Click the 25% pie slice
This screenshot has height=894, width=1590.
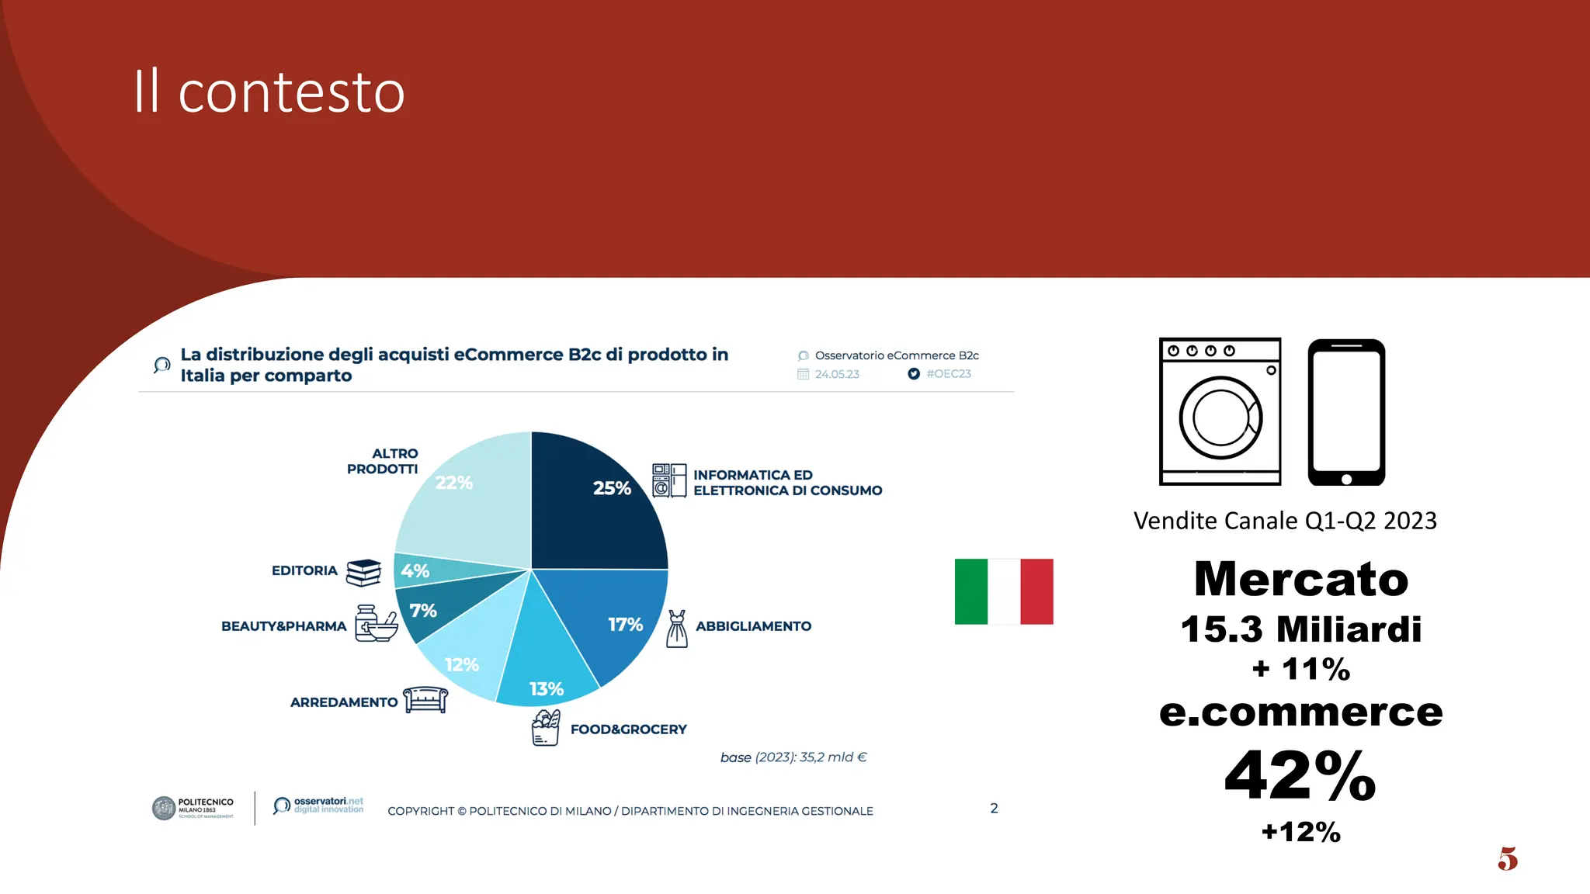pos(598,504)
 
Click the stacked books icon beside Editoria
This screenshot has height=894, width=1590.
pos(363,573)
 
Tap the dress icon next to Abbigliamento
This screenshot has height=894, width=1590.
pos(677,629)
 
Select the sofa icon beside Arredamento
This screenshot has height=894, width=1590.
pos(425,699)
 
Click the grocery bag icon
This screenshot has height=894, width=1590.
pos(545,728)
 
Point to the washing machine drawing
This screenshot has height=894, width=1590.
pos(1220,411)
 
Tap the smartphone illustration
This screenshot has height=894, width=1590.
pos(1346,411)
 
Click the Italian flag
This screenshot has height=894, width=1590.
pos(1004,591)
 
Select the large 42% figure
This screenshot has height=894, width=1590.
pos(1300,775)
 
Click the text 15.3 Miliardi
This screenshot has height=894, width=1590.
pos(1300,629)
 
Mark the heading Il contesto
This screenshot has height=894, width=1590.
pos(269,92)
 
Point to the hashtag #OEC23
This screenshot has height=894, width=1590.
pos(948,374)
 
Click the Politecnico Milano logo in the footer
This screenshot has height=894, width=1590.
pos(193,808)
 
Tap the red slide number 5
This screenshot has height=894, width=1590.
pos(1508,859)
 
